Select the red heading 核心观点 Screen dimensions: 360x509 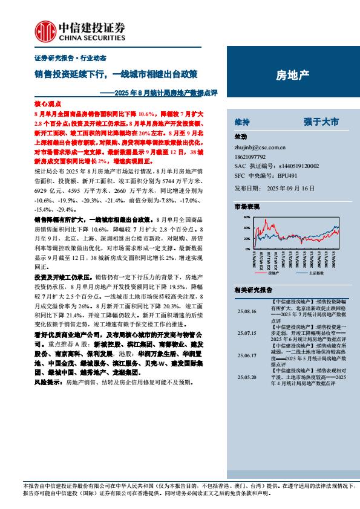45,104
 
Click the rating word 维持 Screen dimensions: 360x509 243,122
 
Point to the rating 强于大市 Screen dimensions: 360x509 321,122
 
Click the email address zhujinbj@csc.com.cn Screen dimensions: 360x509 260,146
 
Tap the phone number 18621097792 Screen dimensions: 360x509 250,156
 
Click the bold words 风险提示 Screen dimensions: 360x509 48,383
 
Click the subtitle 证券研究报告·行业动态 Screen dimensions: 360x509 62,57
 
